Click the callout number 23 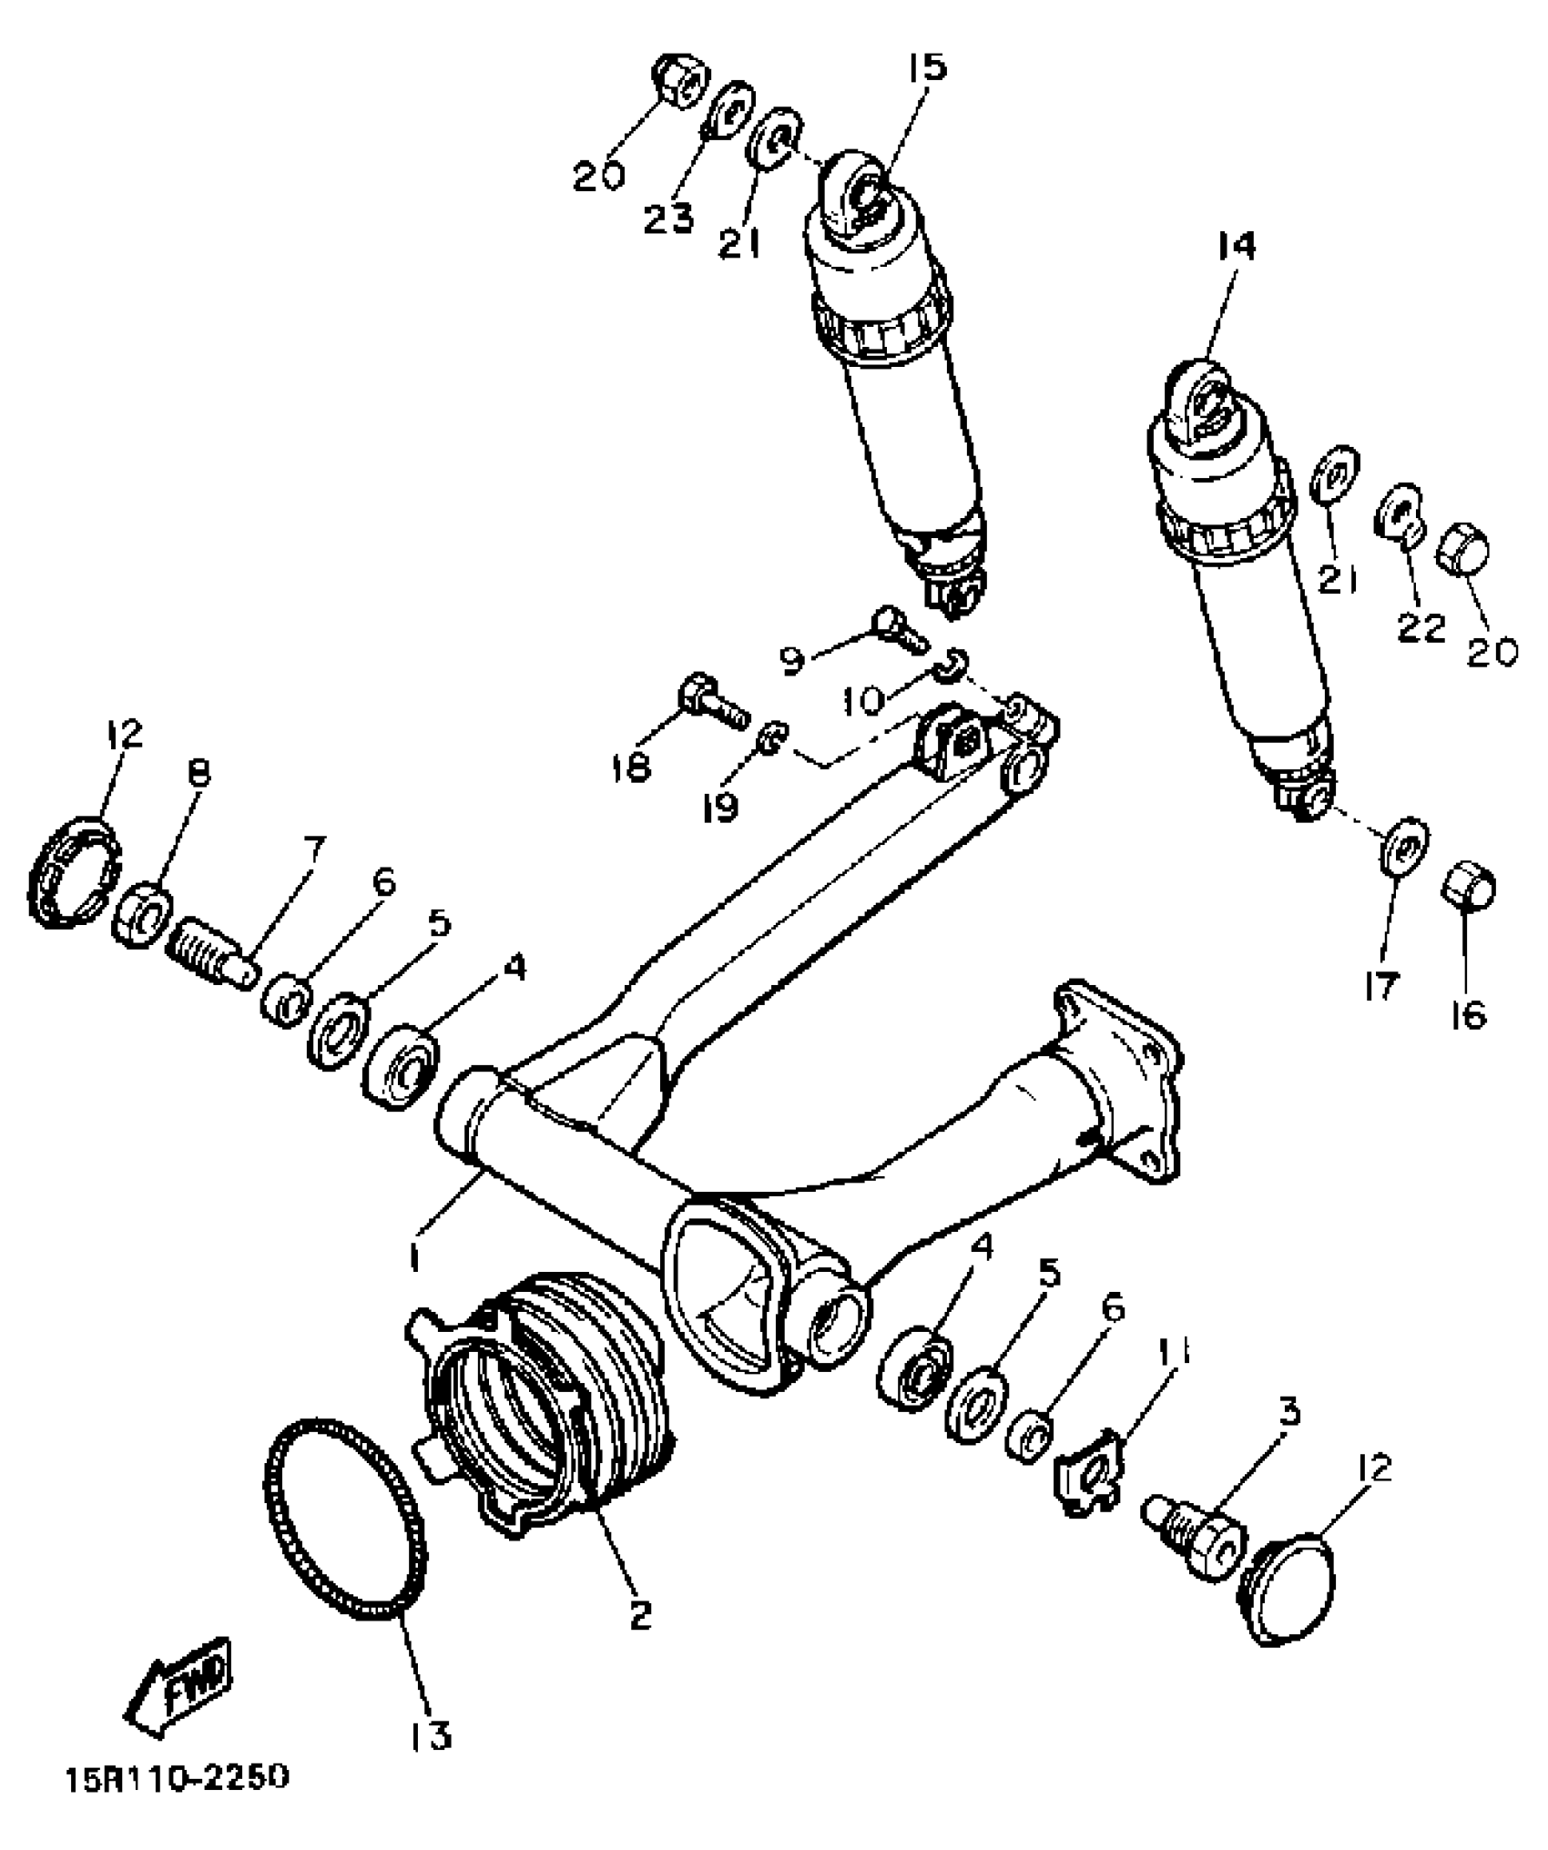coord(669,218)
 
